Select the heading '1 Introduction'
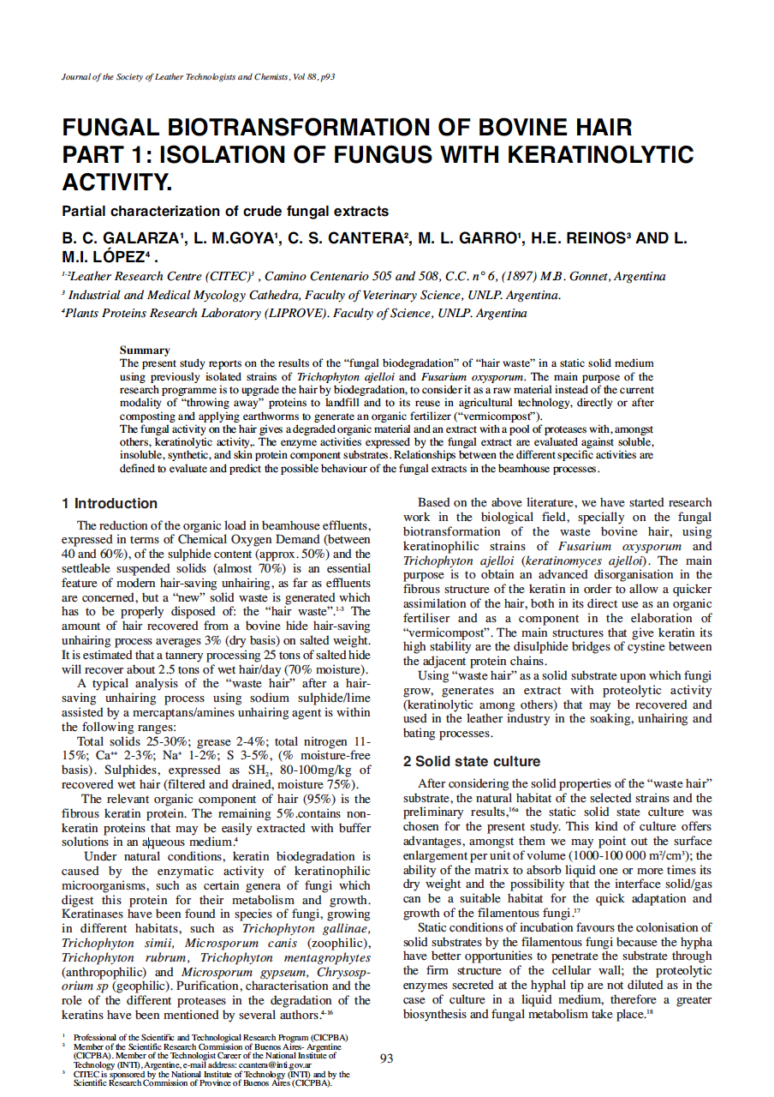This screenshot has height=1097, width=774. (x=110, y=504)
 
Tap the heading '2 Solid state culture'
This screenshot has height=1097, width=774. (x=472, y=761)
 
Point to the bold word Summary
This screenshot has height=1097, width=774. (x=145, y=350)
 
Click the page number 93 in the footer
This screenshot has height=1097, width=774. (x=386, y=1058)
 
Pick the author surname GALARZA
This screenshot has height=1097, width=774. (x=135, y=239)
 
